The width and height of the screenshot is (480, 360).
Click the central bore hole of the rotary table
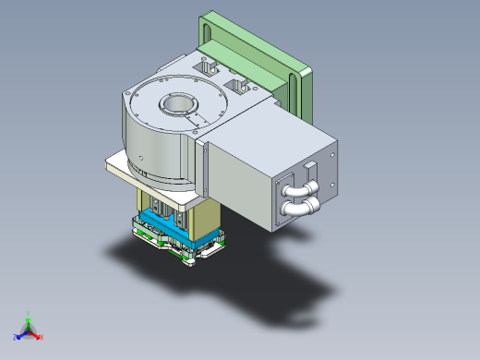point(175,104)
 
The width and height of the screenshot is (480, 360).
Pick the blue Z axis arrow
point(20,334)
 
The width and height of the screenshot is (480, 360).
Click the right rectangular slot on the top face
point(242,85)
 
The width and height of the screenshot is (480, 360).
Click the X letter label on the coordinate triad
point(42,337)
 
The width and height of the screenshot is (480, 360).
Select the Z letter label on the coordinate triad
point(15,338)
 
